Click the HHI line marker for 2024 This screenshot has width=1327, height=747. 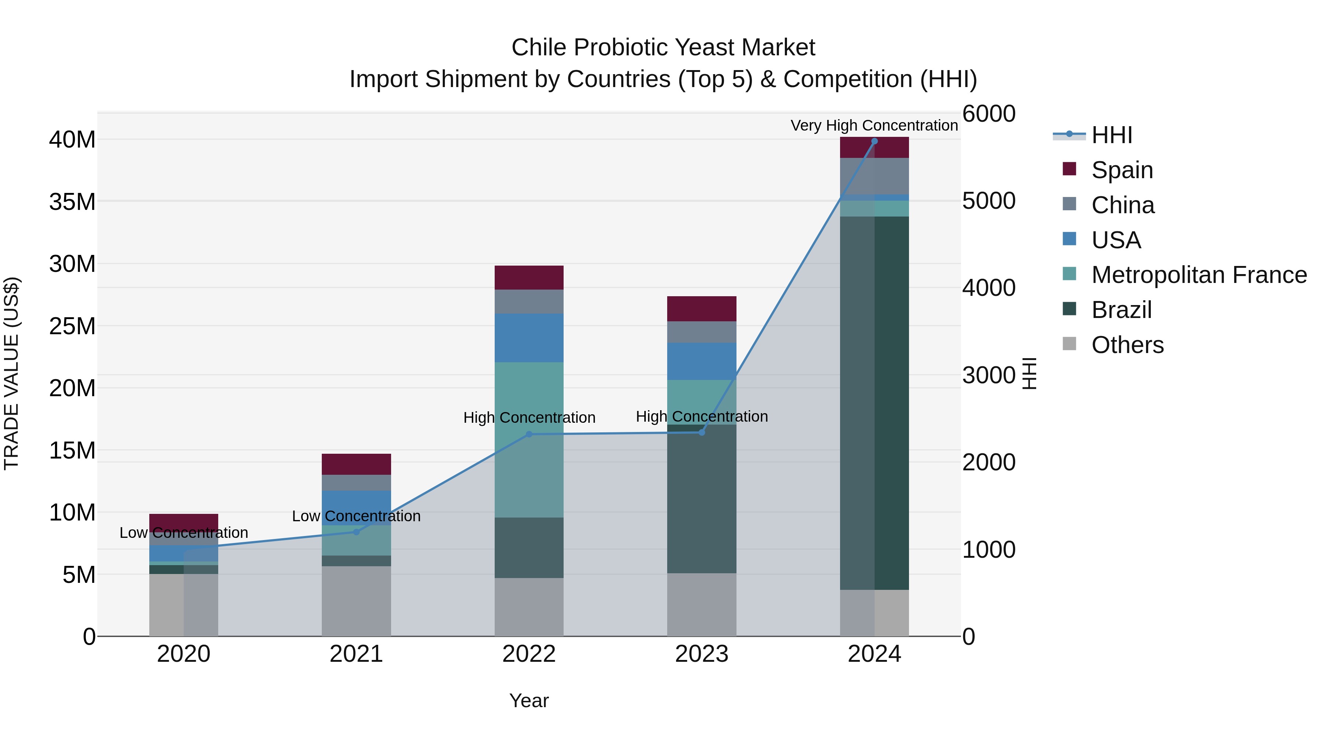click(x=874, y=141)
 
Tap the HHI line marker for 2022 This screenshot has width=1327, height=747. click(x=529, y=434)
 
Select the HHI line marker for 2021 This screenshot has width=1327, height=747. click(x=356, y=532)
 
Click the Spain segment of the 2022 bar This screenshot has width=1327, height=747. click(x=529, y=277)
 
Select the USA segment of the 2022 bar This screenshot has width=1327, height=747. click(x=529, y=338)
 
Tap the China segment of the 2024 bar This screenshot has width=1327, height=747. click(x=874, y=176)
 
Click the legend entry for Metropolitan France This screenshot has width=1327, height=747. click(x=1199, y=275)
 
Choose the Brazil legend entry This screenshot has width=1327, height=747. click(x=1121, y=310)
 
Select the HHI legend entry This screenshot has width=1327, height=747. click(x=1111, y=135)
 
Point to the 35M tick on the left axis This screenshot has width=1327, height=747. click(x=72, y=201)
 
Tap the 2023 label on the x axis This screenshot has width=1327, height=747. click(x=701, y=654)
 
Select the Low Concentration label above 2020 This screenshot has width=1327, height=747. click(x=184, y=533)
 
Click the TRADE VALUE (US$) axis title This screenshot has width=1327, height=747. click(x=11, y=373)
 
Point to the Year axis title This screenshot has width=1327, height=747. click(x=529, y=701)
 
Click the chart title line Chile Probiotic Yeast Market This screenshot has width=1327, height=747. click(x=663, y=48)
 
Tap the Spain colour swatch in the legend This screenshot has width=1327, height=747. click(x=1069, y=169)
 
